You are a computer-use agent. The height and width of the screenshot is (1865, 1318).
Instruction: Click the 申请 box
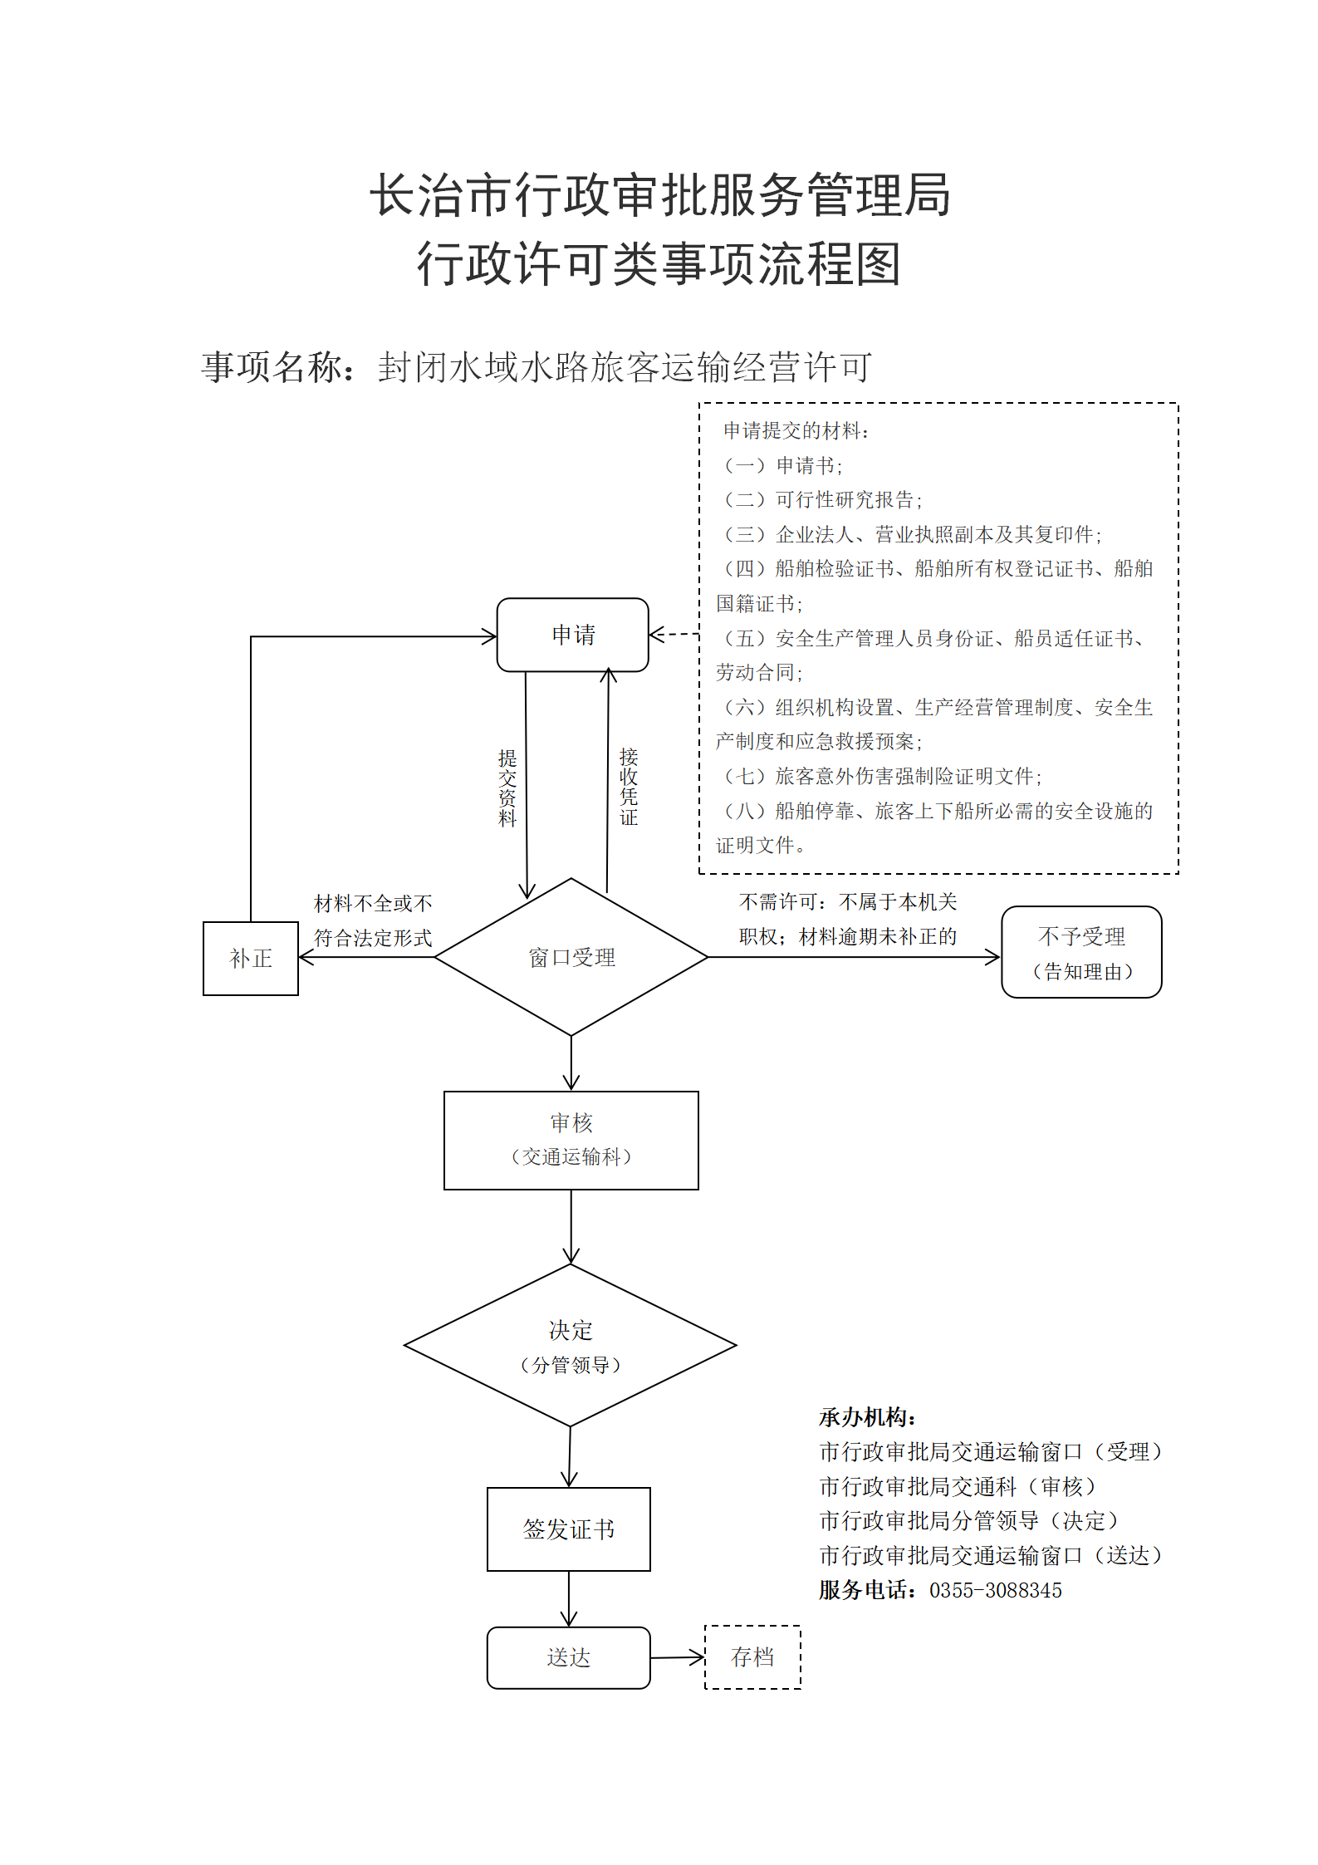(572, 635)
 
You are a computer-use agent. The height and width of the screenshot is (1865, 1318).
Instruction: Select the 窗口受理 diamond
(571, 957)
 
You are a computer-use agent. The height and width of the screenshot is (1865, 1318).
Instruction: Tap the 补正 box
(251, 958)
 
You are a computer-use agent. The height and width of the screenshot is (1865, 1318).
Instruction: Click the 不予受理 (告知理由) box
(1081, 952)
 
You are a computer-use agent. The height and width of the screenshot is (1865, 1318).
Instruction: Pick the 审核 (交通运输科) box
(571, 1140)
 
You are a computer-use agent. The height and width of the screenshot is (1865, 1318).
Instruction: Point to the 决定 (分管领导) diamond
(571, 1345)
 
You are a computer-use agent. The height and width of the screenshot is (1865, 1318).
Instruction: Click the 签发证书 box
(569, 1529)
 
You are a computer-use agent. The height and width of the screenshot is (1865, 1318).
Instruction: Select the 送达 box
(569, 1657)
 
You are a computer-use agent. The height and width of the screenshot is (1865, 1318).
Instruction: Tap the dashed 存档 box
(752, 1657)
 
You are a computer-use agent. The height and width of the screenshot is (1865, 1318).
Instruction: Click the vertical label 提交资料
(507, 788)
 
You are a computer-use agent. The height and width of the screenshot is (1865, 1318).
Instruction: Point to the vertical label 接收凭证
(629, 786)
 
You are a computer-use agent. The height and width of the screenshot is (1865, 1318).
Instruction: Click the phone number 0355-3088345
(996, 1590)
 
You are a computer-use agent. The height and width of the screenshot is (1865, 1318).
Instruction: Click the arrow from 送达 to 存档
(678, 1657)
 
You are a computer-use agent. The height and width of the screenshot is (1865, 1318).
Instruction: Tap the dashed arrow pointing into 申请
(674, 634)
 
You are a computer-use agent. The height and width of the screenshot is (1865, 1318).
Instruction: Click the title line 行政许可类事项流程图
(659, 264)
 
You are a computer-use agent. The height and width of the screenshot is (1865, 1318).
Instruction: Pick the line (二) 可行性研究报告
(823, 499)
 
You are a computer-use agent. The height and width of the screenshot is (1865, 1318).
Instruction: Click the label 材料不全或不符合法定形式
(373, 920)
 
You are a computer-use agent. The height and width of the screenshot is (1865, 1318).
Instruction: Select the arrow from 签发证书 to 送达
(569, 1599)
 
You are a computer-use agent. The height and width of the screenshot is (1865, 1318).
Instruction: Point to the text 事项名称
(272, 367)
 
